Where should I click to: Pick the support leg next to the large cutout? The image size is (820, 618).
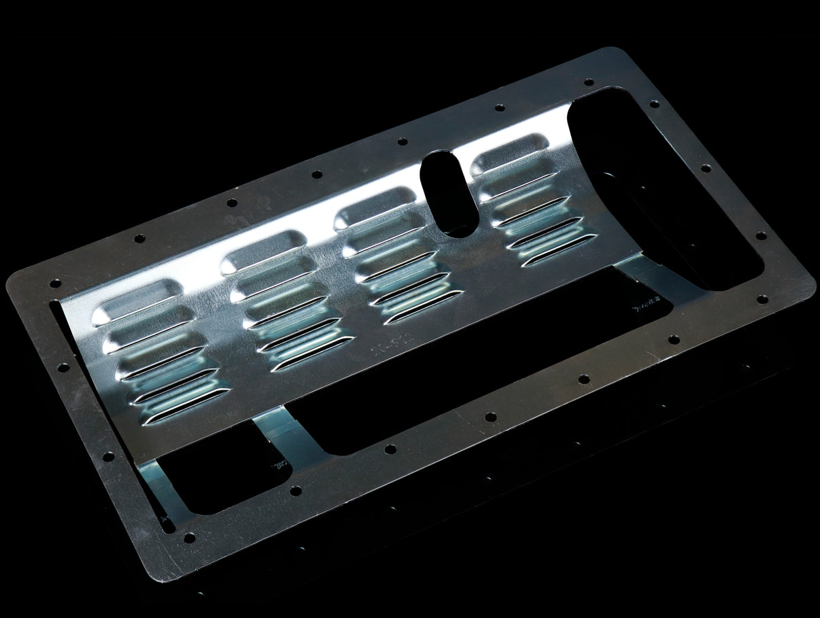pyautogui.click(x=646, y=279)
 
